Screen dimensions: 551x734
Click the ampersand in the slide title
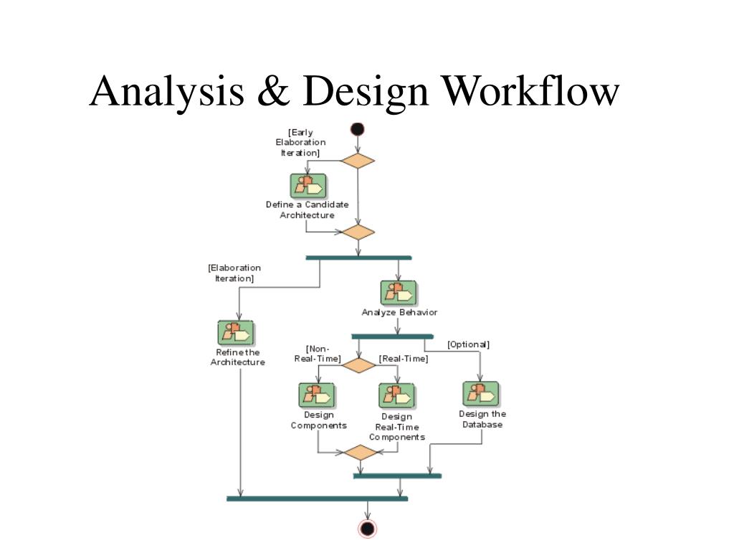274,93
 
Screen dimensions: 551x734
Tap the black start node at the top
357,129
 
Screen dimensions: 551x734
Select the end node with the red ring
368,529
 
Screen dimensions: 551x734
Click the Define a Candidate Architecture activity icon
308,186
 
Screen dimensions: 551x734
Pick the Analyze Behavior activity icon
399,293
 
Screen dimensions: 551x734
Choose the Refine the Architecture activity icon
236,333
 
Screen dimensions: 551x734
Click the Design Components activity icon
317,395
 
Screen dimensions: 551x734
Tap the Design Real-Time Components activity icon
396,396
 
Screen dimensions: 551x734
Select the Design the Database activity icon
481,394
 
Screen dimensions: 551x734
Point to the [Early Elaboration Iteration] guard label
301,142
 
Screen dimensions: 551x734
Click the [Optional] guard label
468,344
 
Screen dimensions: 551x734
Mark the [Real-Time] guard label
404,359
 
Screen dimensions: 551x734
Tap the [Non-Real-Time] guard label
318,354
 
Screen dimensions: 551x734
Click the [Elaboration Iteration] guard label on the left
234,273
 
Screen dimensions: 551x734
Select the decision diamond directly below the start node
358,160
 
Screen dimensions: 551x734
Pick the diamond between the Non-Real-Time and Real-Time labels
358,365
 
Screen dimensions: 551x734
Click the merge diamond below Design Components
360,452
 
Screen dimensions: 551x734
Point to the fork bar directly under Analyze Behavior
392,336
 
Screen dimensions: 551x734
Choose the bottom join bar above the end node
317,498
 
